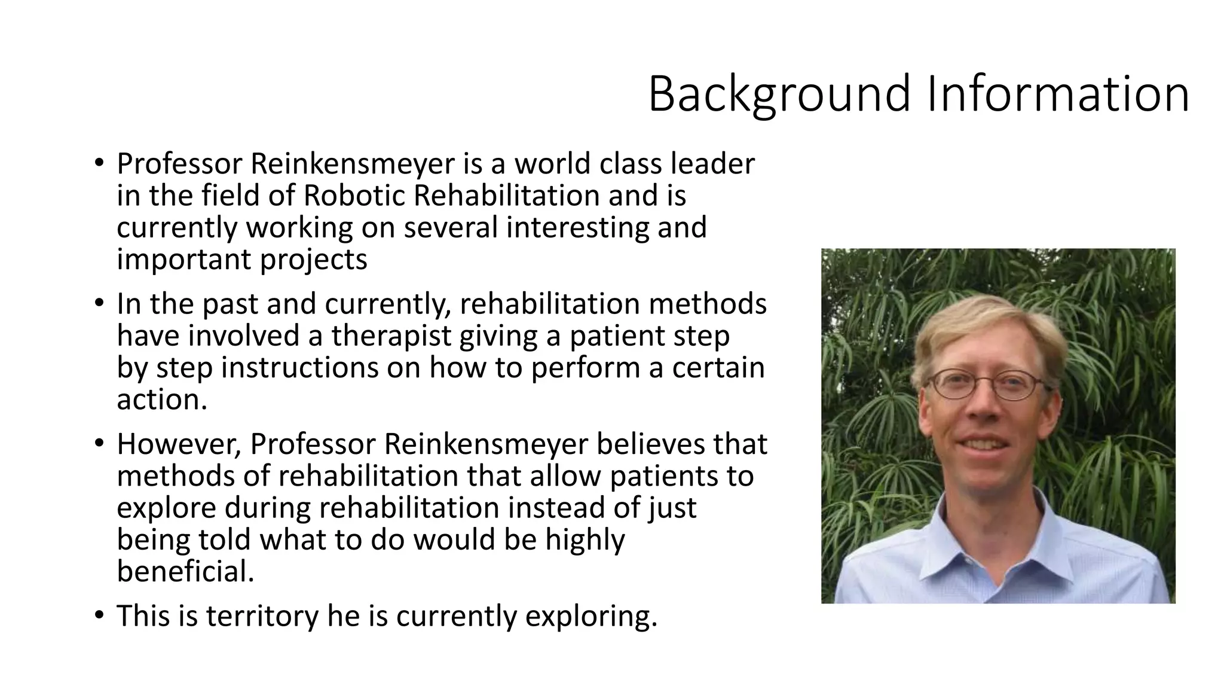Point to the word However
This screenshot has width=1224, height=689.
[x=179, y=444]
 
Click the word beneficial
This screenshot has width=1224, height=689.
[x=185, y=571]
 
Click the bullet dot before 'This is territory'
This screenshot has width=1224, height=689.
[x=99, y=615]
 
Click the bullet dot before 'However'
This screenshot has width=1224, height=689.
[x=99, y=443]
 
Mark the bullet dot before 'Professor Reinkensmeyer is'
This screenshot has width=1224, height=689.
[x=99, y=163]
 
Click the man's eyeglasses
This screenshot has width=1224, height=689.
[x=986, y=385]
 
